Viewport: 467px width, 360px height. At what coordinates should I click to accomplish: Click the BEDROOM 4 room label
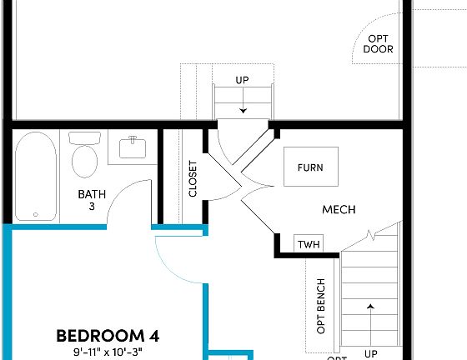click(x=108, y=336)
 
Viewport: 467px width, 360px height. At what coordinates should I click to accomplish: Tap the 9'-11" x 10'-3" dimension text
click(x=108, y=352)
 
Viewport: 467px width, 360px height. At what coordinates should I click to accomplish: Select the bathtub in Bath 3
click(x=36, y=177)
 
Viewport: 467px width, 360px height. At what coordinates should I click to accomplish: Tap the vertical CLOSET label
click(x=193, y=177)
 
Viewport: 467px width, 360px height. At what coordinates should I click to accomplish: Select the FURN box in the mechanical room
click(x=310, y=167)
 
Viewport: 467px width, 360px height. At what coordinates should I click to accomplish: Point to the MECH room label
click(x=339, y=209)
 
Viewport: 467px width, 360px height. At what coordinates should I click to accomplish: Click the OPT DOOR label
click(x=378, y=43)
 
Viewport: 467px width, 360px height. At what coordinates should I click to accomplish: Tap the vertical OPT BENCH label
click(x=321, y=304)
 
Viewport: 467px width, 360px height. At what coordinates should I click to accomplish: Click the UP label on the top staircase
click(x=242, y=80)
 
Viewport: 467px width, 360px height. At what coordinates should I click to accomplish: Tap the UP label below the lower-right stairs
click(x=371, y=353)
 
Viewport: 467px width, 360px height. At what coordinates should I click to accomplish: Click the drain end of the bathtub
click(x=36, y=212)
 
